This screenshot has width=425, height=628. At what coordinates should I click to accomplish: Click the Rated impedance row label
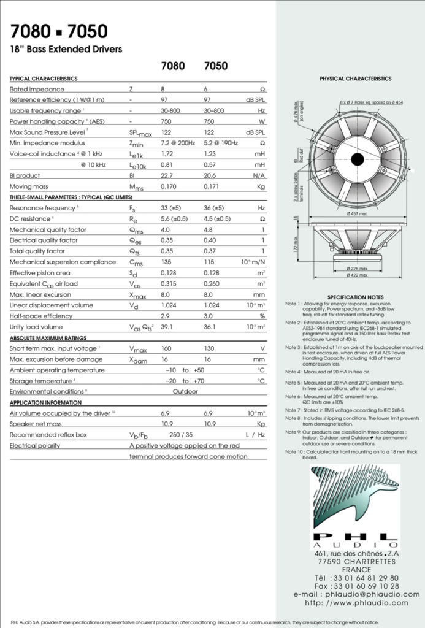37,90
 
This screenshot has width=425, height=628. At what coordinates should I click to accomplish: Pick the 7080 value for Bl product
167,176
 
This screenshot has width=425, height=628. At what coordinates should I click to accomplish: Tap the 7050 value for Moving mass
212,186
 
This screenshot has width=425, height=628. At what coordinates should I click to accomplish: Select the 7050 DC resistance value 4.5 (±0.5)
217,219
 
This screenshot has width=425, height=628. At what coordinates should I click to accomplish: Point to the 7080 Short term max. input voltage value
166,348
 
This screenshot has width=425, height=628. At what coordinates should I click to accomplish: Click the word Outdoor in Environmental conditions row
185,391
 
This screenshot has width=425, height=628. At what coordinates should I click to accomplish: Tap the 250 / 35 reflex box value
180,435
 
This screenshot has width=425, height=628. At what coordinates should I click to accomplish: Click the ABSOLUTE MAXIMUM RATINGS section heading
48,338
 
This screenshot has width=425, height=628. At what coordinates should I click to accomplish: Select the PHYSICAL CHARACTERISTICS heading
355,79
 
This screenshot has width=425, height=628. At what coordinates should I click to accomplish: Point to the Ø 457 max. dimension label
357,213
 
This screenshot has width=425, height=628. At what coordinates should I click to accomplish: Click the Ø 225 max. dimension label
357,269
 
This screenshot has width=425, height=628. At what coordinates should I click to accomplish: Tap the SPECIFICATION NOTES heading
355,297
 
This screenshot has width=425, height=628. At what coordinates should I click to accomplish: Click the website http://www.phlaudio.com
356,603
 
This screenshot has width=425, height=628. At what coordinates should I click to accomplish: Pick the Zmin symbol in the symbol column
137,143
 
